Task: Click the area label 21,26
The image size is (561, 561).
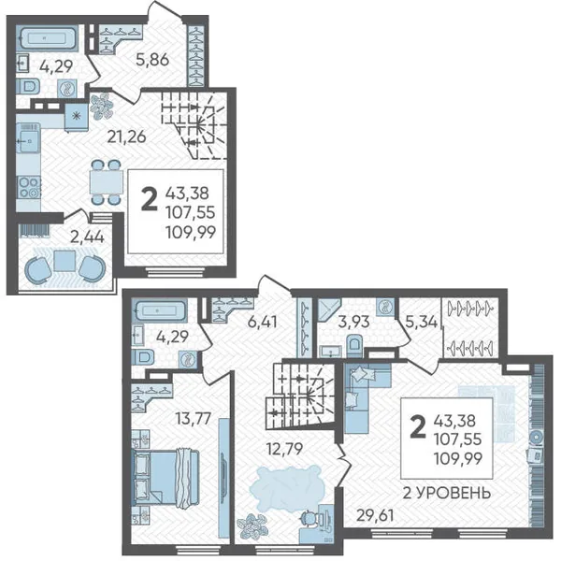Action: click(127, 137)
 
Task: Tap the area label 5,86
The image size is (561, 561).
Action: click(152, 60)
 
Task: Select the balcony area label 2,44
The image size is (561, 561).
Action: click(87, 237)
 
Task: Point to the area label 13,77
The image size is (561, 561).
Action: click(194, 418)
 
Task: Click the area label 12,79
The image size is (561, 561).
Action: click(285, 449)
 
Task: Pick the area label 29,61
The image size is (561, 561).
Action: click(375, 515)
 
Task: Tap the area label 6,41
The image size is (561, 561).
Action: click(262, 322)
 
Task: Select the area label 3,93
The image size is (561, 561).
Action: click(353, 322)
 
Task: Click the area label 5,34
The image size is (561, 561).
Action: click(422, 322)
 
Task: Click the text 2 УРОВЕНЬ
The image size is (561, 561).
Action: click(447, 494)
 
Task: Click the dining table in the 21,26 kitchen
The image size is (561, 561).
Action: click(105, 182)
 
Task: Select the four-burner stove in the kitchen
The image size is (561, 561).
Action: click(29, 188)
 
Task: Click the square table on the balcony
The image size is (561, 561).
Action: click(65, 261)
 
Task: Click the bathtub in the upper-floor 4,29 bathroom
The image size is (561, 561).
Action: click(159, 309)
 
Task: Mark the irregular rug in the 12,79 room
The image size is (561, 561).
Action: click(285, 487)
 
